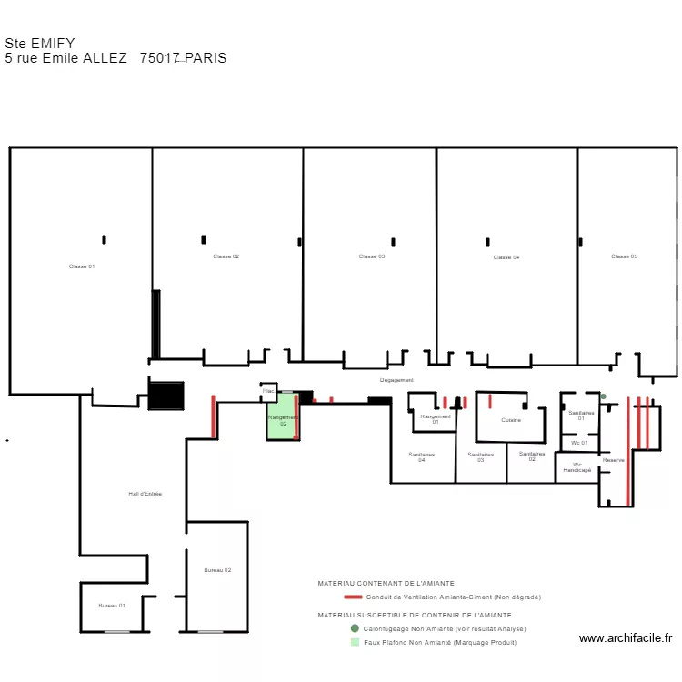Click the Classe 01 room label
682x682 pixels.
click(82, 266)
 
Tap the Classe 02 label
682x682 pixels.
click(226, 256)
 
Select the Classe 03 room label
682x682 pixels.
click(372, 256)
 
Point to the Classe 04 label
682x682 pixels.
click(506, 257)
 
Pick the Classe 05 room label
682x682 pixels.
click(624, 256)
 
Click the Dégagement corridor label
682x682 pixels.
click(396, 380)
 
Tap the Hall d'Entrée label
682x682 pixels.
click(145, 494)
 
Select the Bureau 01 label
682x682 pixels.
click(112, 606)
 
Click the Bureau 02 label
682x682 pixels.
click(217, 570)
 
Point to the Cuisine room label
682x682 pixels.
click(511, 420)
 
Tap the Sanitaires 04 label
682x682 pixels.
click(422, 457)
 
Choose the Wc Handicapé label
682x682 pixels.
click(577, 467)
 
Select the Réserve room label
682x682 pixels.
click(614, 460)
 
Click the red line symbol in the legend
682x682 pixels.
click(353, 597)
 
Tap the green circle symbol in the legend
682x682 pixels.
click(355, 628)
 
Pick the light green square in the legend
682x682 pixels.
click(355, 642)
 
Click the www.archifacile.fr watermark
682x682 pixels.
click(626, 638)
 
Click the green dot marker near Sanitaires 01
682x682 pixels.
click(603, 396)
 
